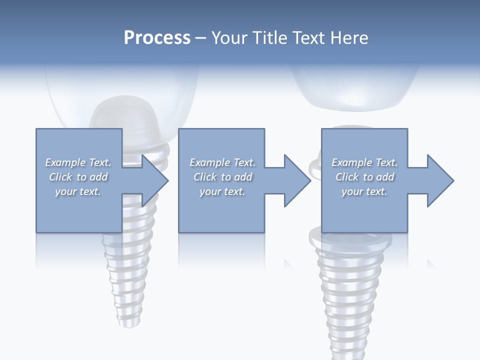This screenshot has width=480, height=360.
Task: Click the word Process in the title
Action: [157, 37]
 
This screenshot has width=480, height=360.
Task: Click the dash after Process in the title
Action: [201, 38]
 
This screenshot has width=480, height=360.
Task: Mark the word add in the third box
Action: [385, 177]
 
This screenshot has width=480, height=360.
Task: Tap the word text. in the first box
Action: [89, 191]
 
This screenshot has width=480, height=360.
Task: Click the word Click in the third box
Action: [347, 177]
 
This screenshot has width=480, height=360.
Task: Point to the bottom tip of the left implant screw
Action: [123, 322]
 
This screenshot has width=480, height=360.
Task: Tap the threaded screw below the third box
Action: [350, 290]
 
